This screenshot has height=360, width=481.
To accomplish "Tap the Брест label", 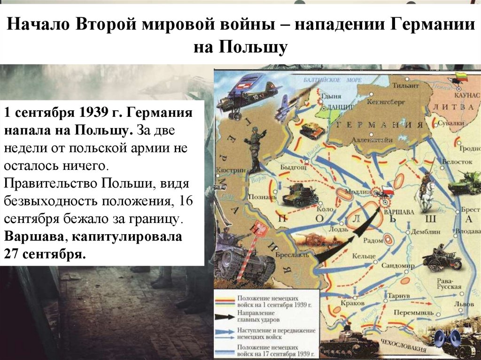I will (471, 211).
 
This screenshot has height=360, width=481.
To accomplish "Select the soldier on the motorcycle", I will (441, 257).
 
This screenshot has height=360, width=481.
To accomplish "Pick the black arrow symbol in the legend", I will (226, 317).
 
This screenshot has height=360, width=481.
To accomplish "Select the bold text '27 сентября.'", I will (46, 254).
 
